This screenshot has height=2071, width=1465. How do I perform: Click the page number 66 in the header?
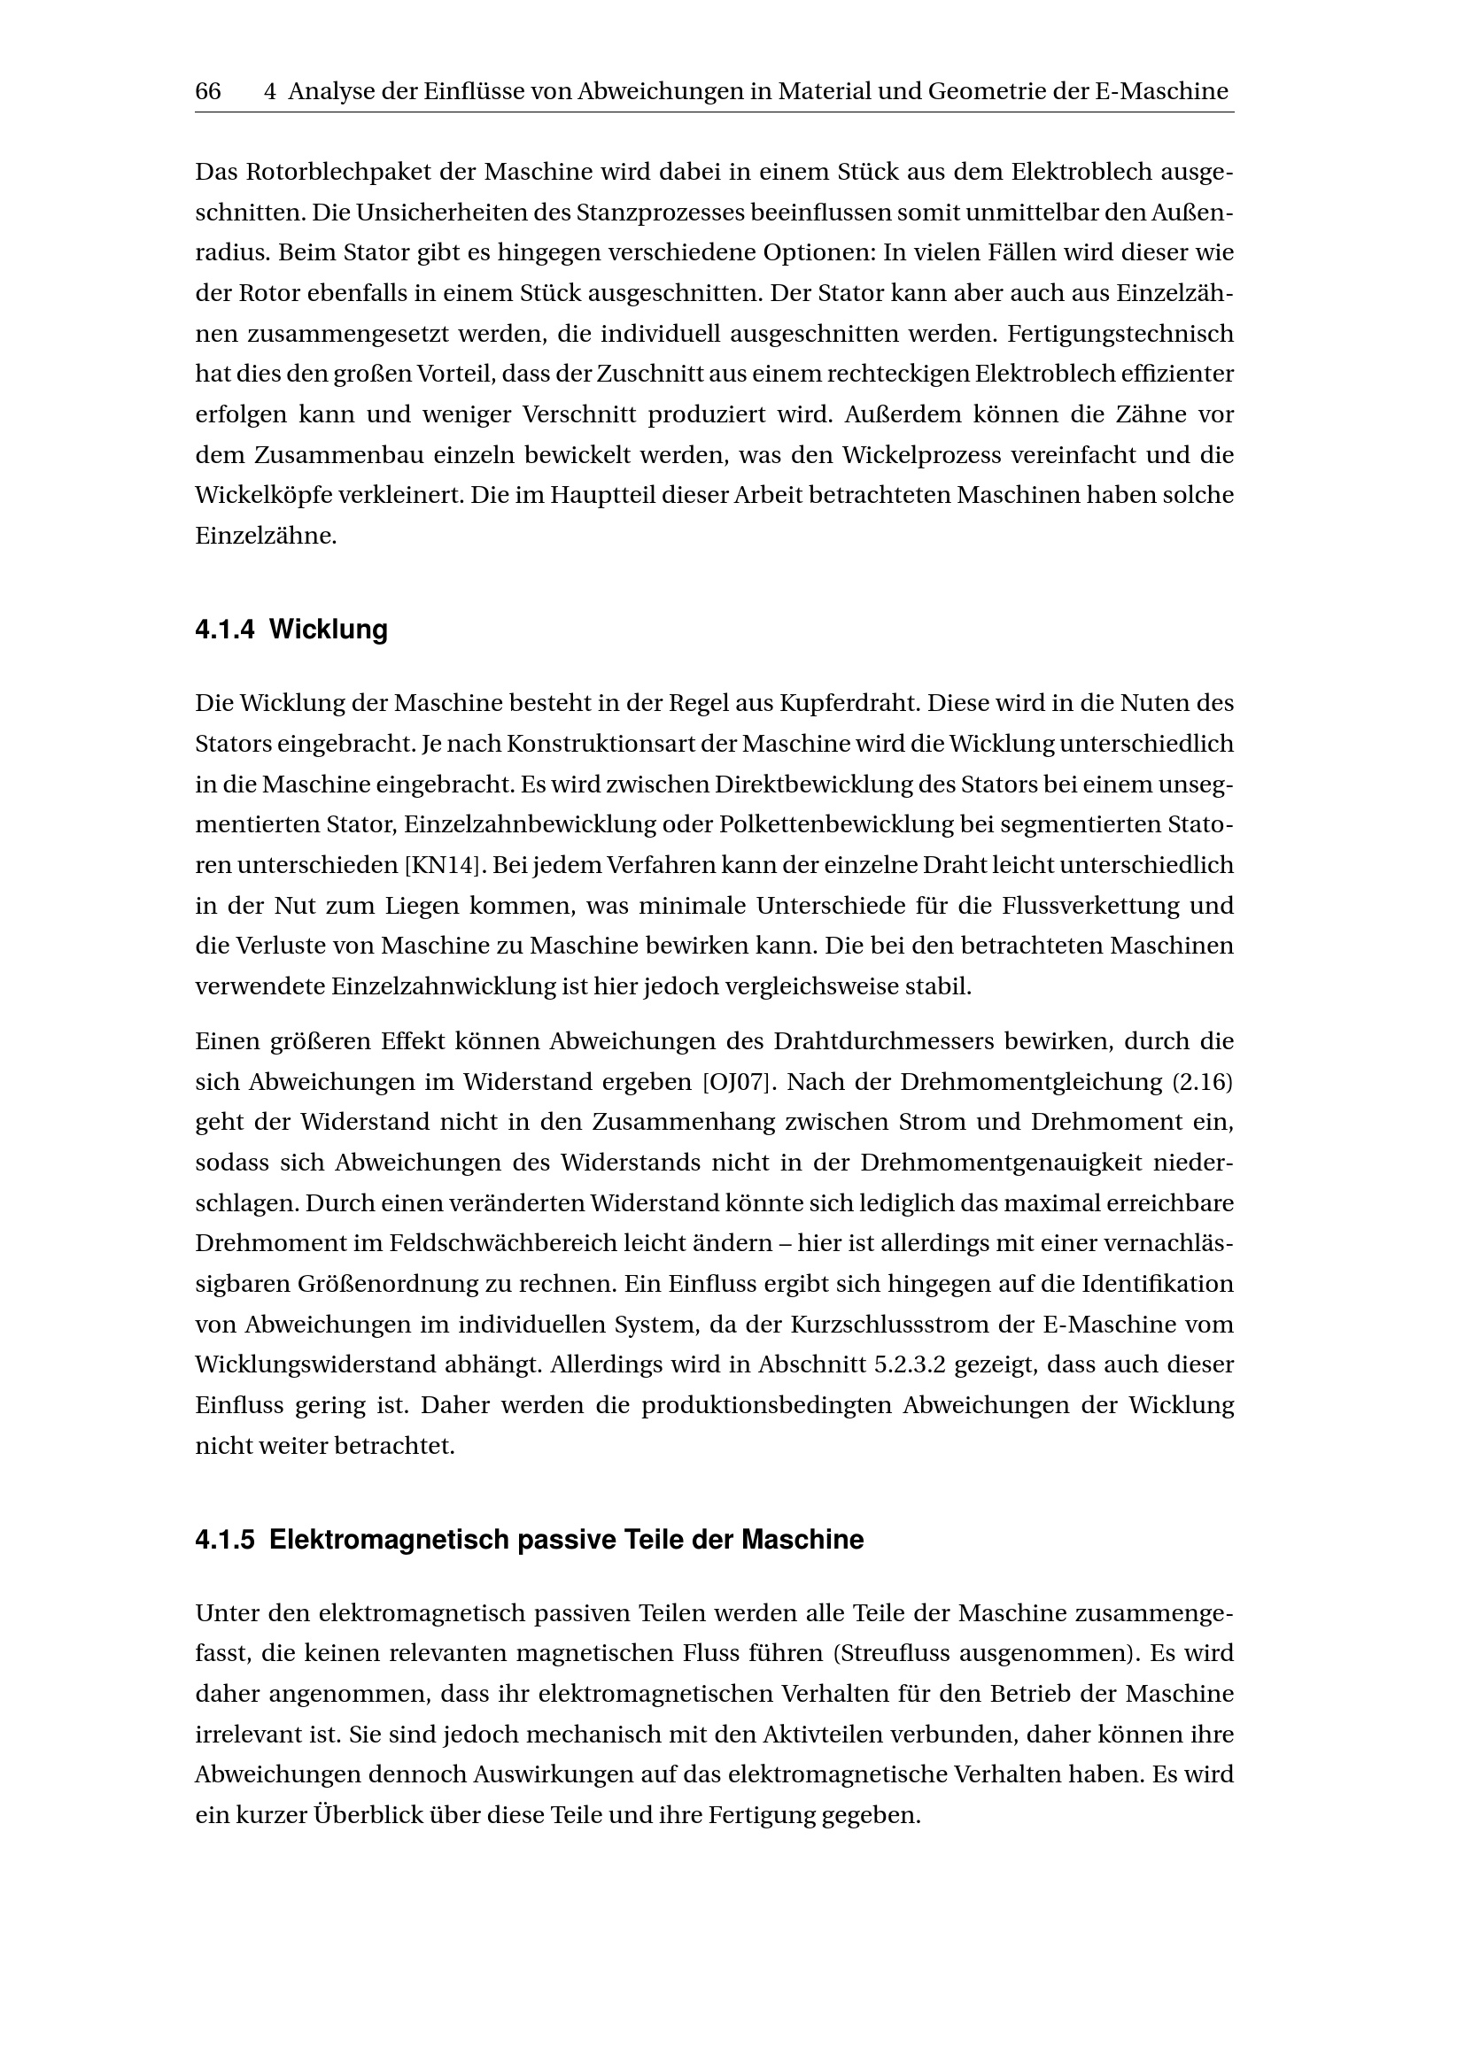[207, 91]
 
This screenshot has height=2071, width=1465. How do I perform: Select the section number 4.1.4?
[226, 630]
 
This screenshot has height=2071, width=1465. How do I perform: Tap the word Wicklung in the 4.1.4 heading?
[329, 630]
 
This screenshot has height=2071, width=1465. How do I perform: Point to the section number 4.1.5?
[226, 1540]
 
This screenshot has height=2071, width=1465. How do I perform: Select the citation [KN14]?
[439, 865]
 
